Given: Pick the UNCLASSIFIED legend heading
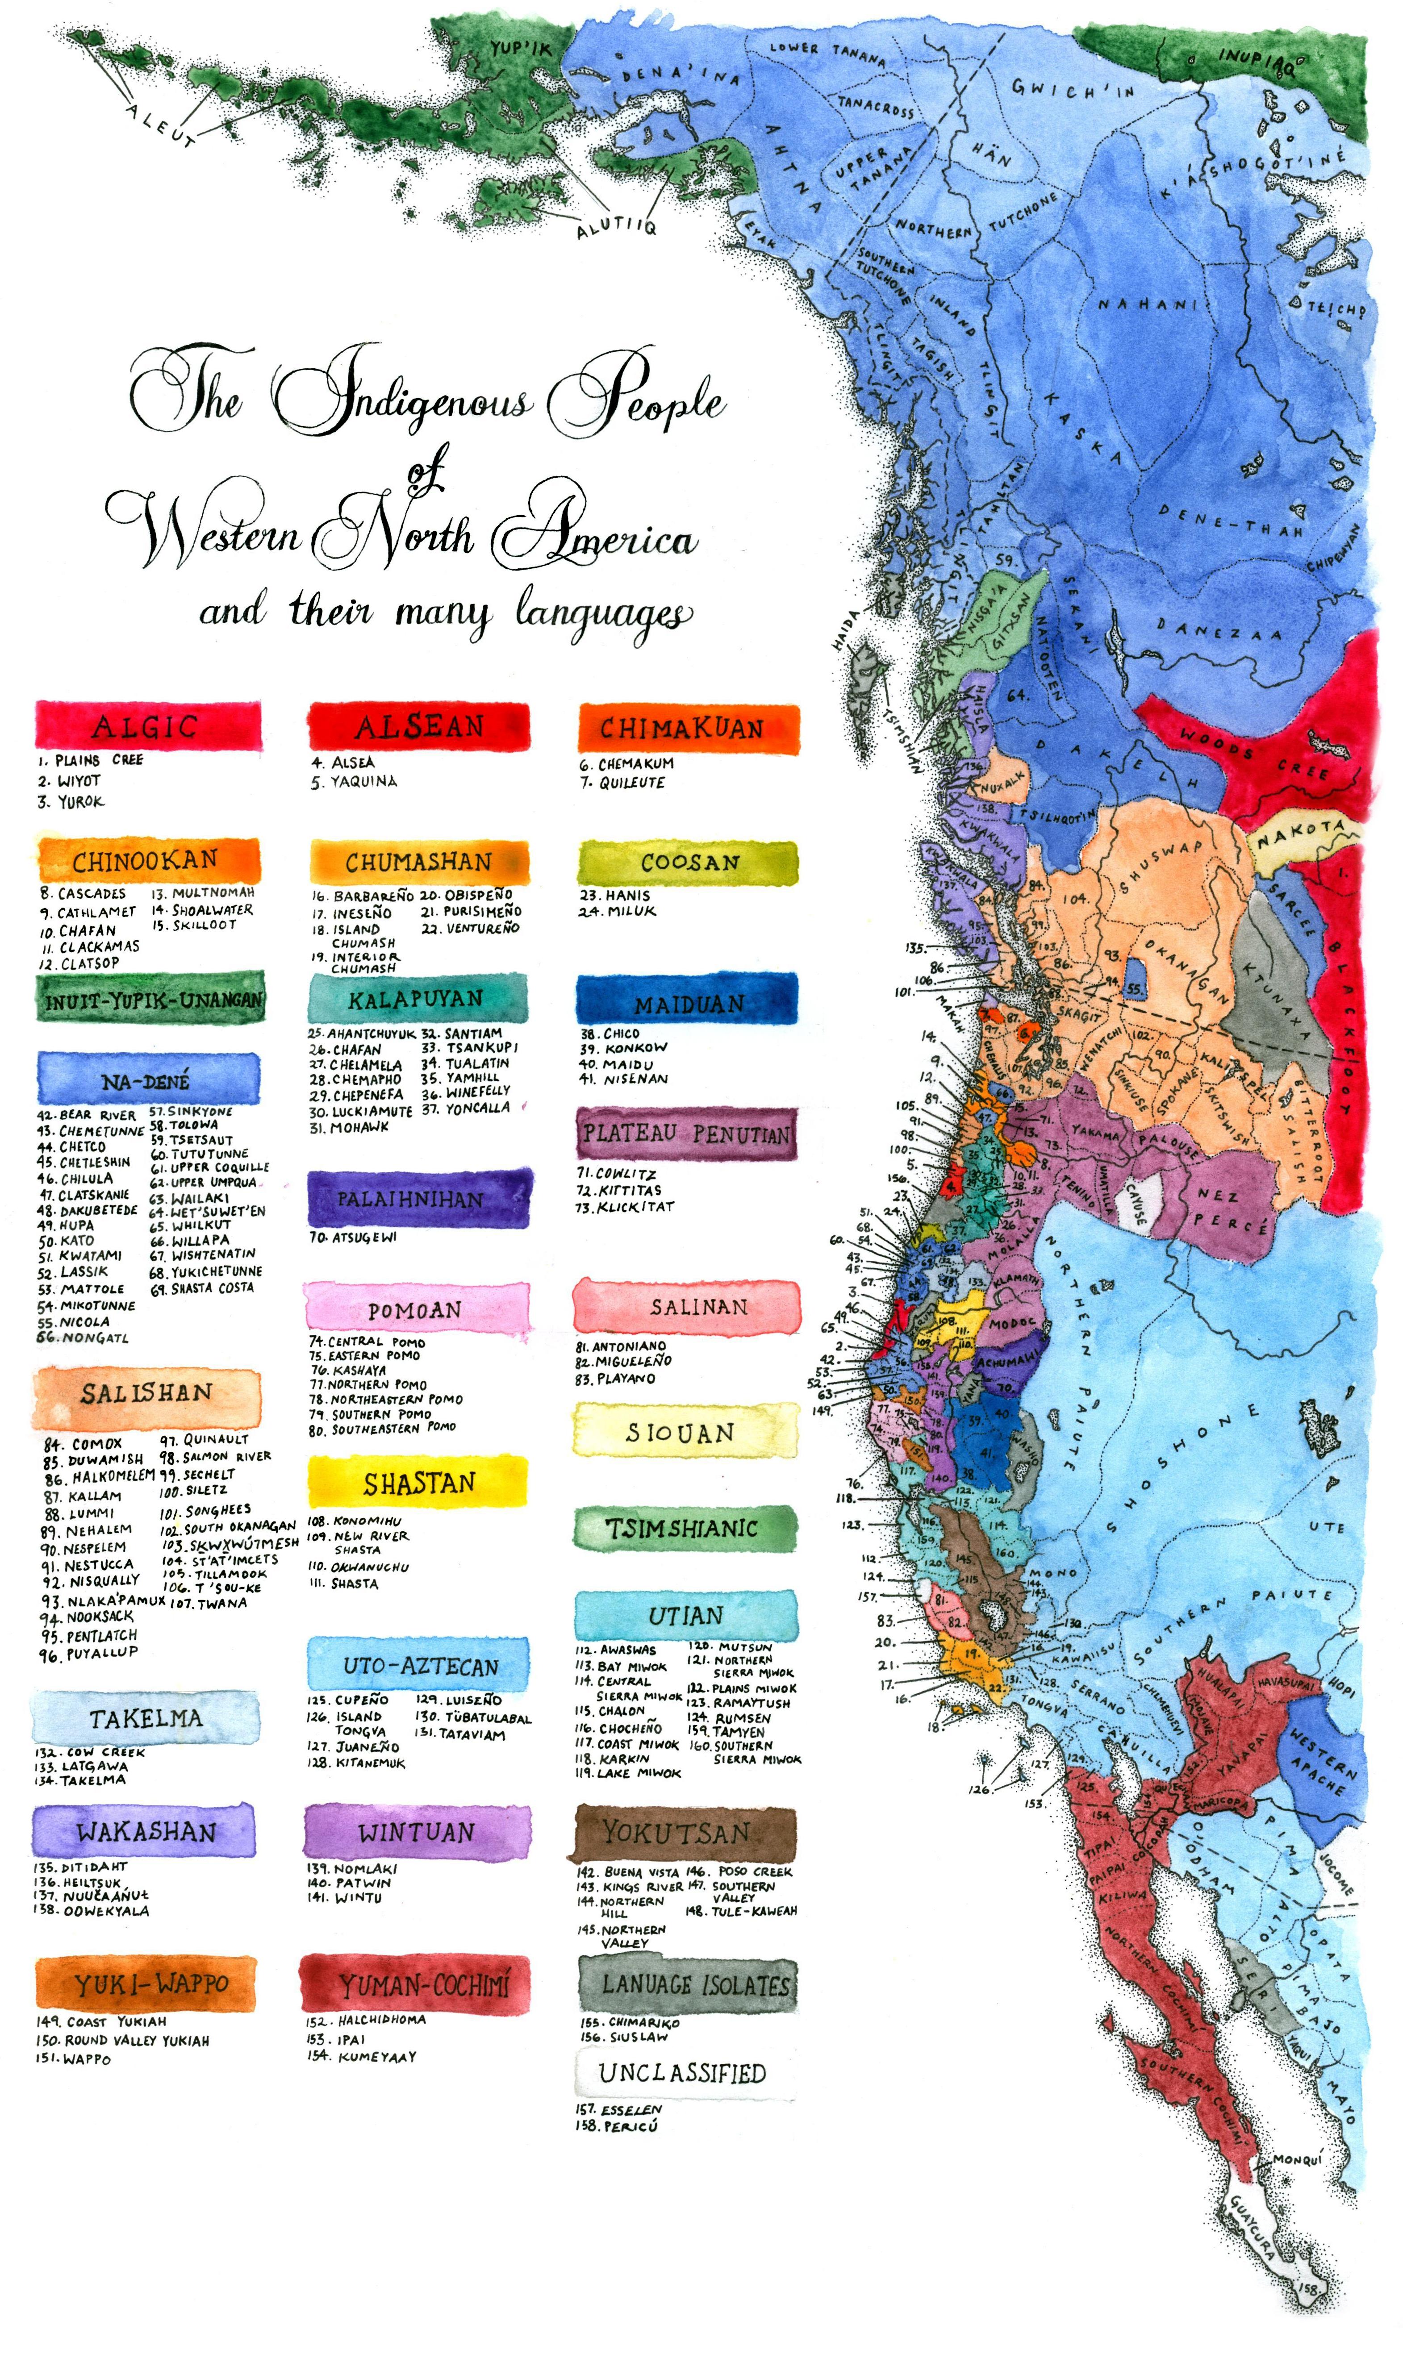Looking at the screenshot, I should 683,2073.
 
